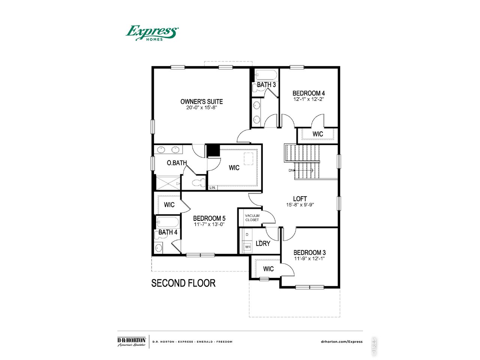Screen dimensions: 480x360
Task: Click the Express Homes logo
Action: [152, 33]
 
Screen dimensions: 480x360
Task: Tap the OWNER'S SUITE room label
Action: [201, 102]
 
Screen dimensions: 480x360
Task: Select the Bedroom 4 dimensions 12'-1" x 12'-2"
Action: [308, 99]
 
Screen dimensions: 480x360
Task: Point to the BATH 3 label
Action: [266, 85]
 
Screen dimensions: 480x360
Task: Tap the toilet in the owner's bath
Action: [199, 182]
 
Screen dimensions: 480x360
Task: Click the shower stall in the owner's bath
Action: [168, 183]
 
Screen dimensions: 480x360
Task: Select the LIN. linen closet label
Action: [213, 187]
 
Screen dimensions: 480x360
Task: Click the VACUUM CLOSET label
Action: [252, 218]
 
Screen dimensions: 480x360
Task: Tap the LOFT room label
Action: [300, 199]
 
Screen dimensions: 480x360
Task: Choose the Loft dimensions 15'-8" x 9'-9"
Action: [300, 205]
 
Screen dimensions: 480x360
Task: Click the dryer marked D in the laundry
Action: [247, 235]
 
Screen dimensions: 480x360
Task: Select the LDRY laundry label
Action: [263, 243]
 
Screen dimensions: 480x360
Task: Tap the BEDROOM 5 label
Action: [209, 218]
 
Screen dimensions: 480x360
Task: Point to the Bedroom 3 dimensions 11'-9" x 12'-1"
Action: [309, 259]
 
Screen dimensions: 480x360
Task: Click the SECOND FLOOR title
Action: [183, 283]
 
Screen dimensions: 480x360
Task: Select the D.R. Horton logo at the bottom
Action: [131, 342]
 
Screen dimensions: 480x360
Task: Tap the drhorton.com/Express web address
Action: [342, 342]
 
